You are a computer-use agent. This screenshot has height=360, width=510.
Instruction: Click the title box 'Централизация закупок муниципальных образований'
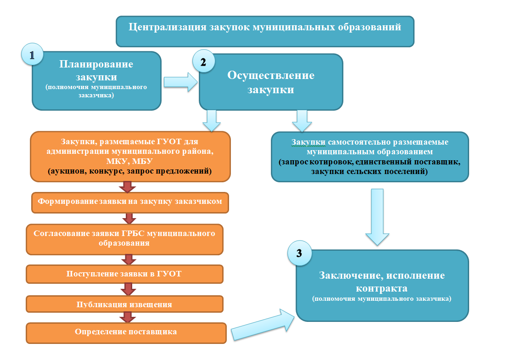(x=265, y=32)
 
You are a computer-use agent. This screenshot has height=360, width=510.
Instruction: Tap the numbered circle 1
(x=32, y=54)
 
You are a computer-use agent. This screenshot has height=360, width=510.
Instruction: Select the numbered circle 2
(x=204, y=61)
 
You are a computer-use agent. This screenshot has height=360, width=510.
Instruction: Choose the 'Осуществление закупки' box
(x=271, y=82)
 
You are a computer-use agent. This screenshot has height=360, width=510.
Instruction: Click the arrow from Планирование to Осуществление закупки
(x=180, y=82)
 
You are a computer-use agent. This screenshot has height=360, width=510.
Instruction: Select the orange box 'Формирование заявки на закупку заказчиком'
(x=130, y=202)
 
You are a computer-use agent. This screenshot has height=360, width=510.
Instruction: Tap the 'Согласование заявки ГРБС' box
(x=124, y=239)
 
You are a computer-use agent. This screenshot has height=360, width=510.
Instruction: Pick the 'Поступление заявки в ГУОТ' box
(x=124, y=274)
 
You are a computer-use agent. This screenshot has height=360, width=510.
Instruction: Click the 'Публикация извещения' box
(x=124, y=304)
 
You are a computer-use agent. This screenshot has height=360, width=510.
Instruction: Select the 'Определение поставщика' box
(x=126, y=332)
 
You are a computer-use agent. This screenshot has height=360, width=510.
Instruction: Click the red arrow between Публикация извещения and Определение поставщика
(x=128, y=317)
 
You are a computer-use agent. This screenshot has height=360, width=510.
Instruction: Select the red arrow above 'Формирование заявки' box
(x=127, y=187)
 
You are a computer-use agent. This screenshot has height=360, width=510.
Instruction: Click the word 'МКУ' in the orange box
(x=117, y=161)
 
